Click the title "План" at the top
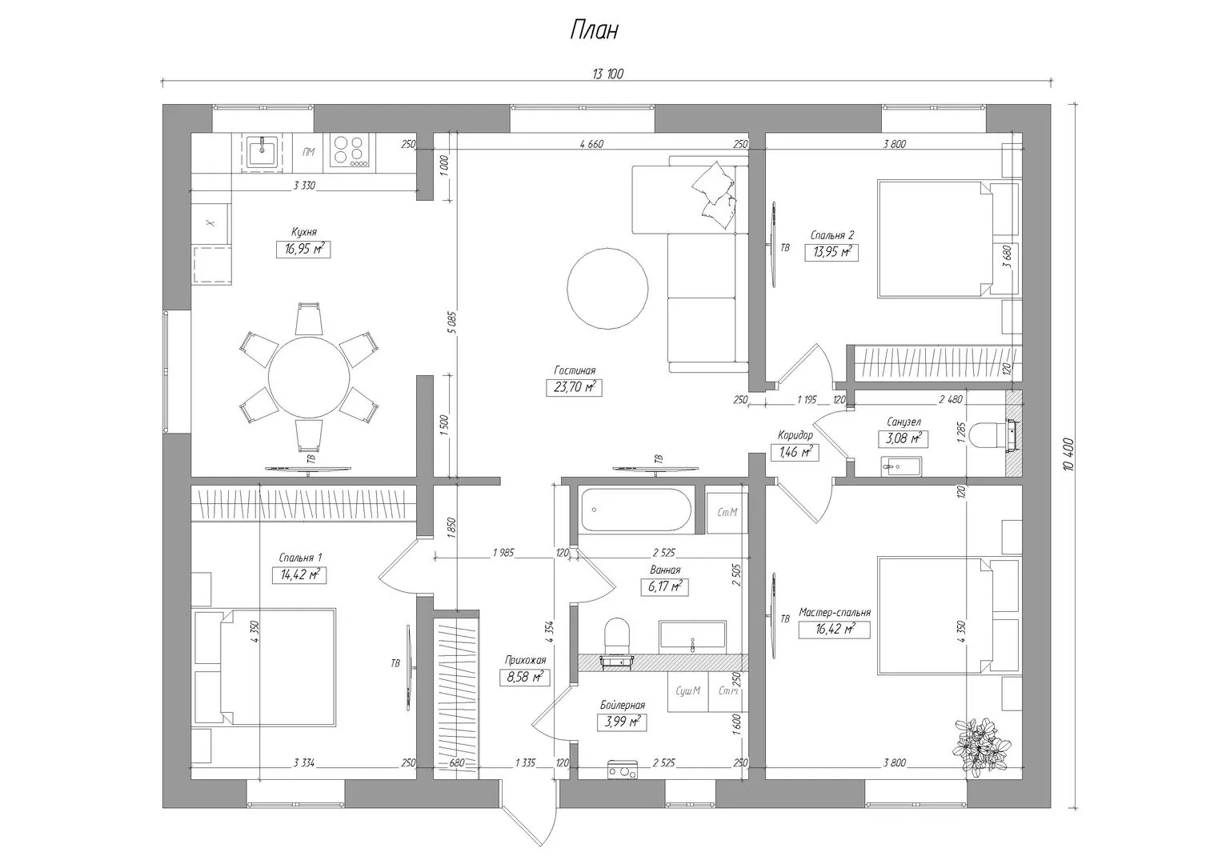595,30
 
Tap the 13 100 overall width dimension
607,74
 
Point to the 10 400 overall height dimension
1068,454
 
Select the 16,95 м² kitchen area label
304,250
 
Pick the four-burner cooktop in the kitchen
350,151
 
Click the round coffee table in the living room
607,288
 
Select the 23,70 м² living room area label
574,388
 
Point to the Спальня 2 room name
832,236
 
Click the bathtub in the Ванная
636,510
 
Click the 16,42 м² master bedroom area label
834,630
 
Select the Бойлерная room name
623,706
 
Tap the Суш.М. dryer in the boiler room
688,691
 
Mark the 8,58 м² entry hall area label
524,678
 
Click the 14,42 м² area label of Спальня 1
299,575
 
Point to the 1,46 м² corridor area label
795,452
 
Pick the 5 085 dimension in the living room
451,322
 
